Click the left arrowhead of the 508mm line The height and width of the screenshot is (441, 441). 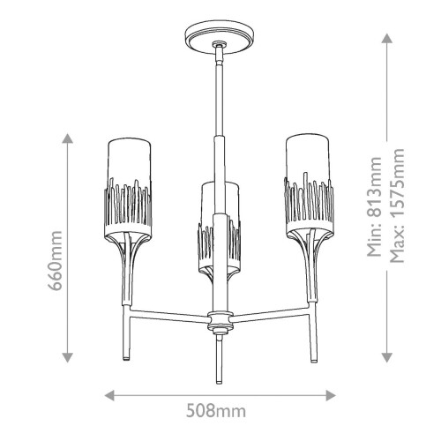(x=108, y=395)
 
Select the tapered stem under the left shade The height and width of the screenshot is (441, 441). (x=131, y=265)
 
